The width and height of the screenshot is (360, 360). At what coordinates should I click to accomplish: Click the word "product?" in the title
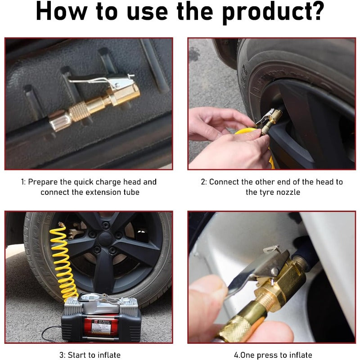pyautogui.click(x=273, y=13)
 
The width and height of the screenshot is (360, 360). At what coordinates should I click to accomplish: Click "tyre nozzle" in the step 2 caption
pyautogui.click(x=273, y=192)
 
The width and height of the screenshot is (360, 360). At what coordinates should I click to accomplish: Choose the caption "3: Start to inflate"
pyautogui.click(x=90, y=355)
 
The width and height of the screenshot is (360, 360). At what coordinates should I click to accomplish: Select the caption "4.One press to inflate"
pyautogui.click(x=273, y=355)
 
